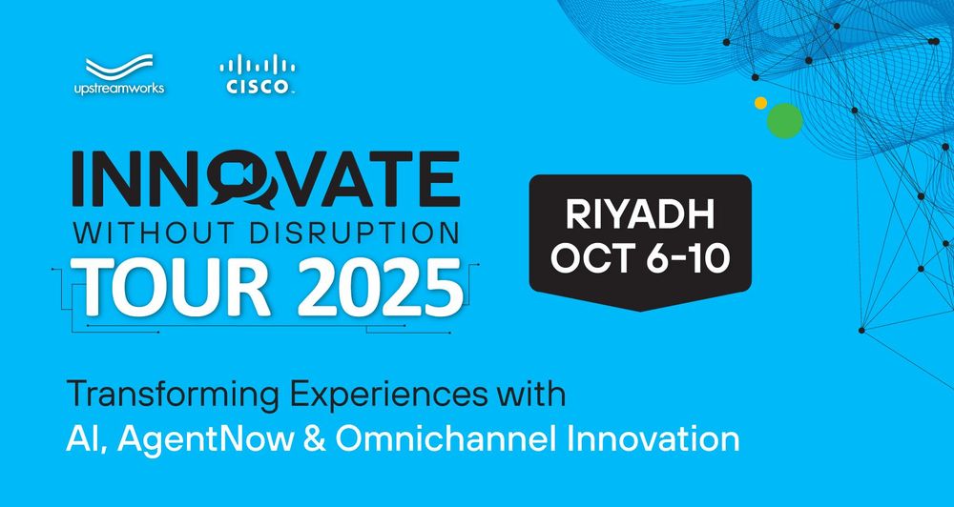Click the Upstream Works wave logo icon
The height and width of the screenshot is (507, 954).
[x=119, y=67]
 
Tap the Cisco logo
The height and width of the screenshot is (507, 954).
[x=258, y=74]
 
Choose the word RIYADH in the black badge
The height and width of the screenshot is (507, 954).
[x=640, y=214]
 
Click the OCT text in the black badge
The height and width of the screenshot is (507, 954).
[x=589, y=257]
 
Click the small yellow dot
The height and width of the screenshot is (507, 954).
[x=760, y=103]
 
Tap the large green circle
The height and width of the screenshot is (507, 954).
[x=785, y=120]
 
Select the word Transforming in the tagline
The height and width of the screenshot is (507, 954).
[x=174, y=395]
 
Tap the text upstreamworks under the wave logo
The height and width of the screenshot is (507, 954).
[x=119, y=89]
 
